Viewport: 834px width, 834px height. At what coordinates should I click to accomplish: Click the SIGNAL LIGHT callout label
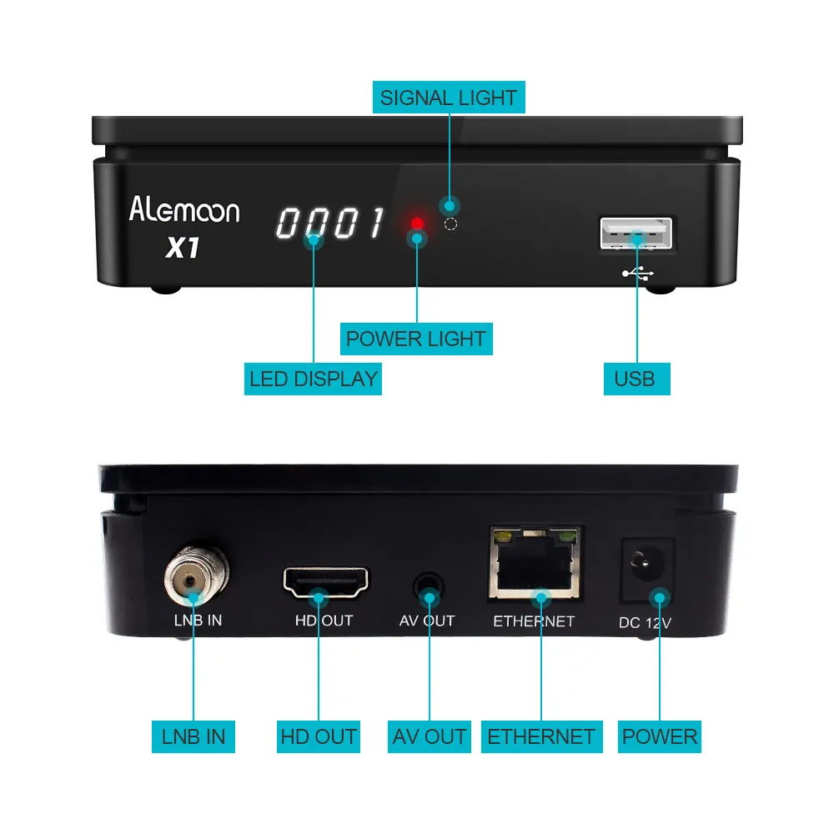click(x=449, y=98)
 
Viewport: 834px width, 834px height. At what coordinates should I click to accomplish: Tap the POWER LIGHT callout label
click(x=415, y=339)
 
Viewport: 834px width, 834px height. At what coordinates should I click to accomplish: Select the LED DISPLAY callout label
click(x=314, y=379)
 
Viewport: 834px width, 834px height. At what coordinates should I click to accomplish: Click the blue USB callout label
click(x=635, y=379)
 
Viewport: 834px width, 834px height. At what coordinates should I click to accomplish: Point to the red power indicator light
click(x=417, y=224)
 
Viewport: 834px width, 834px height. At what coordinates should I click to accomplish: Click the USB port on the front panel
click(x=636, y=234)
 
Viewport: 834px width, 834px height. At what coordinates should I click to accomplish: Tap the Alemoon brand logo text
click(x=184, y=209)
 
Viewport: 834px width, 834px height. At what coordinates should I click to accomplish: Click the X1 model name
click(x=183, y=248)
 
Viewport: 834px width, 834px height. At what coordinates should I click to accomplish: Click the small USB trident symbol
click(x=639, y=273)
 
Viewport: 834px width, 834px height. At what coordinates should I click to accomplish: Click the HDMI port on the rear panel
click(x=326, y=581)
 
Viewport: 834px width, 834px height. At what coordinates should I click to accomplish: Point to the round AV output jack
click(x=429, y=584)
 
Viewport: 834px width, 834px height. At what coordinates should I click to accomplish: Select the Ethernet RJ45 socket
click(x=535, y=565)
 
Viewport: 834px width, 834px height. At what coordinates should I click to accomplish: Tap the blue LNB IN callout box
click(x=193, y=736)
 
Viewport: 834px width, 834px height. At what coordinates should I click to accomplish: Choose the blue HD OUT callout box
click(x=319, y=736)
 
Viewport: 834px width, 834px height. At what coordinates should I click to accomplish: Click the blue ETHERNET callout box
click(x=541, y=736)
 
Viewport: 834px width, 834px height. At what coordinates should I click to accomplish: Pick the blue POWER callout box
click(x=660, y=736)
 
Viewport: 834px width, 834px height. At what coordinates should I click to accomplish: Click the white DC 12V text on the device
click(x=645, y=622)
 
